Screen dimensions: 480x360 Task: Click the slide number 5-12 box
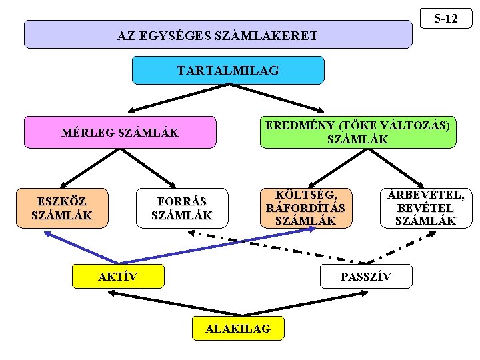[x=446, y=19]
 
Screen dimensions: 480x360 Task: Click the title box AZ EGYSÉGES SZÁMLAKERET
[x=218, y=35]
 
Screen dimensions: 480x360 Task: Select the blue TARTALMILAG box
[x=228, y=70]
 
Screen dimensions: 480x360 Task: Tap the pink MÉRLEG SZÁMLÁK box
[x=120, y=132]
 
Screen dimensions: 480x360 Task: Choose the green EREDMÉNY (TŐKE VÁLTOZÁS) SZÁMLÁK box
[x=358, y=132]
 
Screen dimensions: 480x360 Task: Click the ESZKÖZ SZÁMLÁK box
[x=62, y=208]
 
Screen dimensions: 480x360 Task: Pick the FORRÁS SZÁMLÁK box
[x=181, y=208]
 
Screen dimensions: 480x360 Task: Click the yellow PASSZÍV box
[x=366, y=276]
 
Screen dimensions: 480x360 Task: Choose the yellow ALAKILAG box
[x=238, y=328]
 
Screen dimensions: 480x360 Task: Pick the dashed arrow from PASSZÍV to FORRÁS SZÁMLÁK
[x=273, y=247]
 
